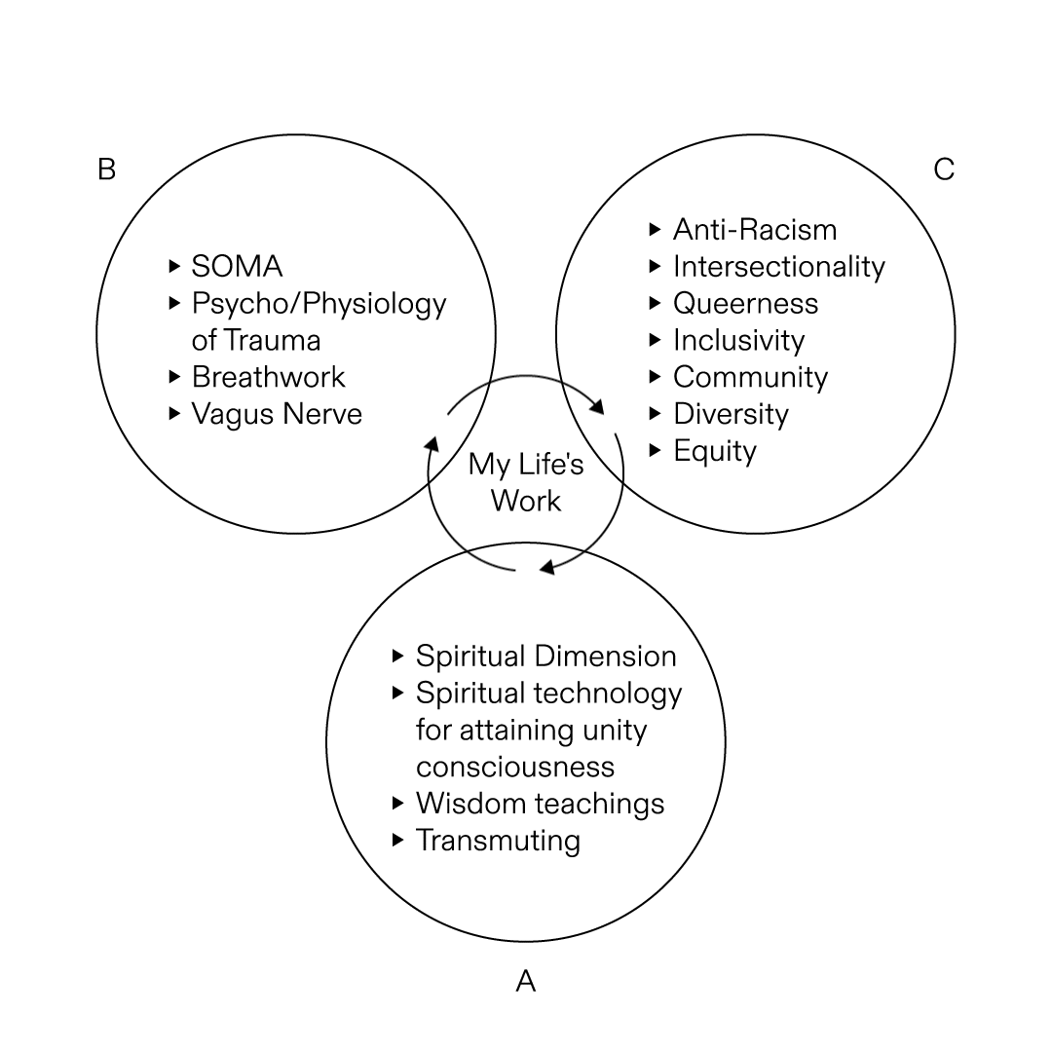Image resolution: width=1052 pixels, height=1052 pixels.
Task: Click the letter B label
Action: point(106,169)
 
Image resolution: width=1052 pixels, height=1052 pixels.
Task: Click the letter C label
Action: point(943,169)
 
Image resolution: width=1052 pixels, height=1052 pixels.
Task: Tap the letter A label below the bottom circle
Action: point(525,980)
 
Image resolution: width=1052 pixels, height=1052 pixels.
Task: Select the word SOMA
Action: point(237,266)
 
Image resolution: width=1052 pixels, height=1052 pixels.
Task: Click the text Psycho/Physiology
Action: point(319,303)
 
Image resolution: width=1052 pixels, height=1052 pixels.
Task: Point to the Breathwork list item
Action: point(268,377)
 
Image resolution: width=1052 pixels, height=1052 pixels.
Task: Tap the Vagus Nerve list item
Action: point(277,414)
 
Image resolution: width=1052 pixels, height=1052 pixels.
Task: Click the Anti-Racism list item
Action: point(755,230)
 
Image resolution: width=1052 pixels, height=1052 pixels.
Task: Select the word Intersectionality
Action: point(779,267)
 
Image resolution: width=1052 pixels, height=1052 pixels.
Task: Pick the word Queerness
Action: point(745,304)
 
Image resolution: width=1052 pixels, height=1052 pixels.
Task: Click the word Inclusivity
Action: point(738,341)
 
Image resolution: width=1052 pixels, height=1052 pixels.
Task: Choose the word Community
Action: point(750,378)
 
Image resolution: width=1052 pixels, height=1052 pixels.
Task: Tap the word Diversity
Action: point(731,415)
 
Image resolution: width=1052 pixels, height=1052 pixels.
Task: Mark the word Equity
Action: point(714,452)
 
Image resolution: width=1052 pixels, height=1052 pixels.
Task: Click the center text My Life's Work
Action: point(526,482)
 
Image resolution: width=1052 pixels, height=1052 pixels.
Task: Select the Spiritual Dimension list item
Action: point(545,656)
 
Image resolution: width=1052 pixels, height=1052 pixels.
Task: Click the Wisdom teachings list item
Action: point(540,804)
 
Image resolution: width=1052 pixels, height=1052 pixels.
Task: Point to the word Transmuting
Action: point(498,841)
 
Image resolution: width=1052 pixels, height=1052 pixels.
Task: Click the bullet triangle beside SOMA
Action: point(174,265)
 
